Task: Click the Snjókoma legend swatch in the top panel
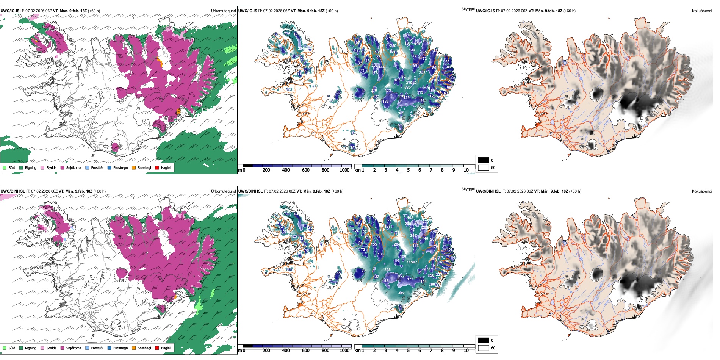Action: [x=63, y=167]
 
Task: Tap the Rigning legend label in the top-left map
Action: [x=31, y=168]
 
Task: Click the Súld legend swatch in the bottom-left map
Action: [x=5, y=348]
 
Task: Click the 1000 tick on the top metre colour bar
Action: [x=344, y=170]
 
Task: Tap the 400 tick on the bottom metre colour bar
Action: [x=286, y=351]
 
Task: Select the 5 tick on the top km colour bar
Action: [x=408, y=170]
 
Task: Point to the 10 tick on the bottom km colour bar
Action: [x=466, y=351]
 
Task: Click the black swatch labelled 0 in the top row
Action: [x=484, y=160]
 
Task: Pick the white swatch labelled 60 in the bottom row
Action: [x=484, y=347]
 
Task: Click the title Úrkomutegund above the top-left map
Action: [x=223, y=11]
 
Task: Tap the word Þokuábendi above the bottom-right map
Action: [x=702, y=191]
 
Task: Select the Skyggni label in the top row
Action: [x=468, y=9]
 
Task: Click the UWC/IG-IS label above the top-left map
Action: [x=10, y=11]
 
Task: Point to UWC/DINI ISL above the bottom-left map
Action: [x=13, y=191]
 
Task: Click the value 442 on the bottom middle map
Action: [x=401, y=293]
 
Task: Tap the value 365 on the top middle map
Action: [x=401, y=113]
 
